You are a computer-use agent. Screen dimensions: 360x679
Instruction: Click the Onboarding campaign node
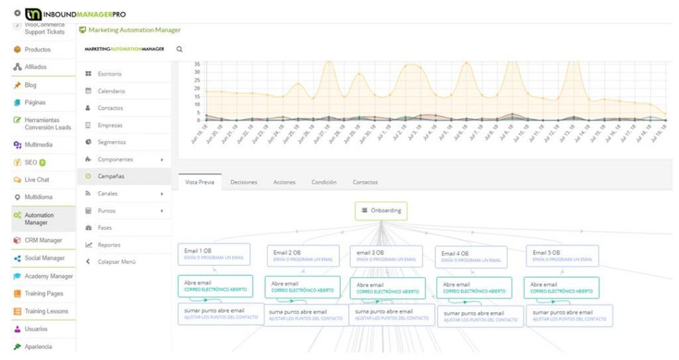tap(381, 211)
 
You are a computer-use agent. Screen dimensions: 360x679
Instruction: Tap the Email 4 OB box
tap(471, 257)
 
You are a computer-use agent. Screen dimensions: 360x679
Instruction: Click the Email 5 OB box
tap(562, 255)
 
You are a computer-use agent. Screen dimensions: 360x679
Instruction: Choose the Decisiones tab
tap(243, 182)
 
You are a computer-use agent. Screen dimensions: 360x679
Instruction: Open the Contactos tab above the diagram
tap(365, 182)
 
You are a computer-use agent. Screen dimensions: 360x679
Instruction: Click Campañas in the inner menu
tap(111, 176)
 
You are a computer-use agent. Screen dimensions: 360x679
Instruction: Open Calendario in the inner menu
tap(111, 91)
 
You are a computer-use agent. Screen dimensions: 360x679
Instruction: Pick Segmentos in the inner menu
tap(111, 142)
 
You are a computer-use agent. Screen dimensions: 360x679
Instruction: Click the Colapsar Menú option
tap(116, 262)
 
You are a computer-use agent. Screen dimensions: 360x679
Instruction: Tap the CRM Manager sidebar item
tap(42, 240)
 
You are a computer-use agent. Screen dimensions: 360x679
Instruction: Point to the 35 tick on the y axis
tap(196, 64)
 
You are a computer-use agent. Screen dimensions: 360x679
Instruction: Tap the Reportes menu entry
tap(109, 245)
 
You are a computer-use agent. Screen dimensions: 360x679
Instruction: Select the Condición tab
tap(324, 182)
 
